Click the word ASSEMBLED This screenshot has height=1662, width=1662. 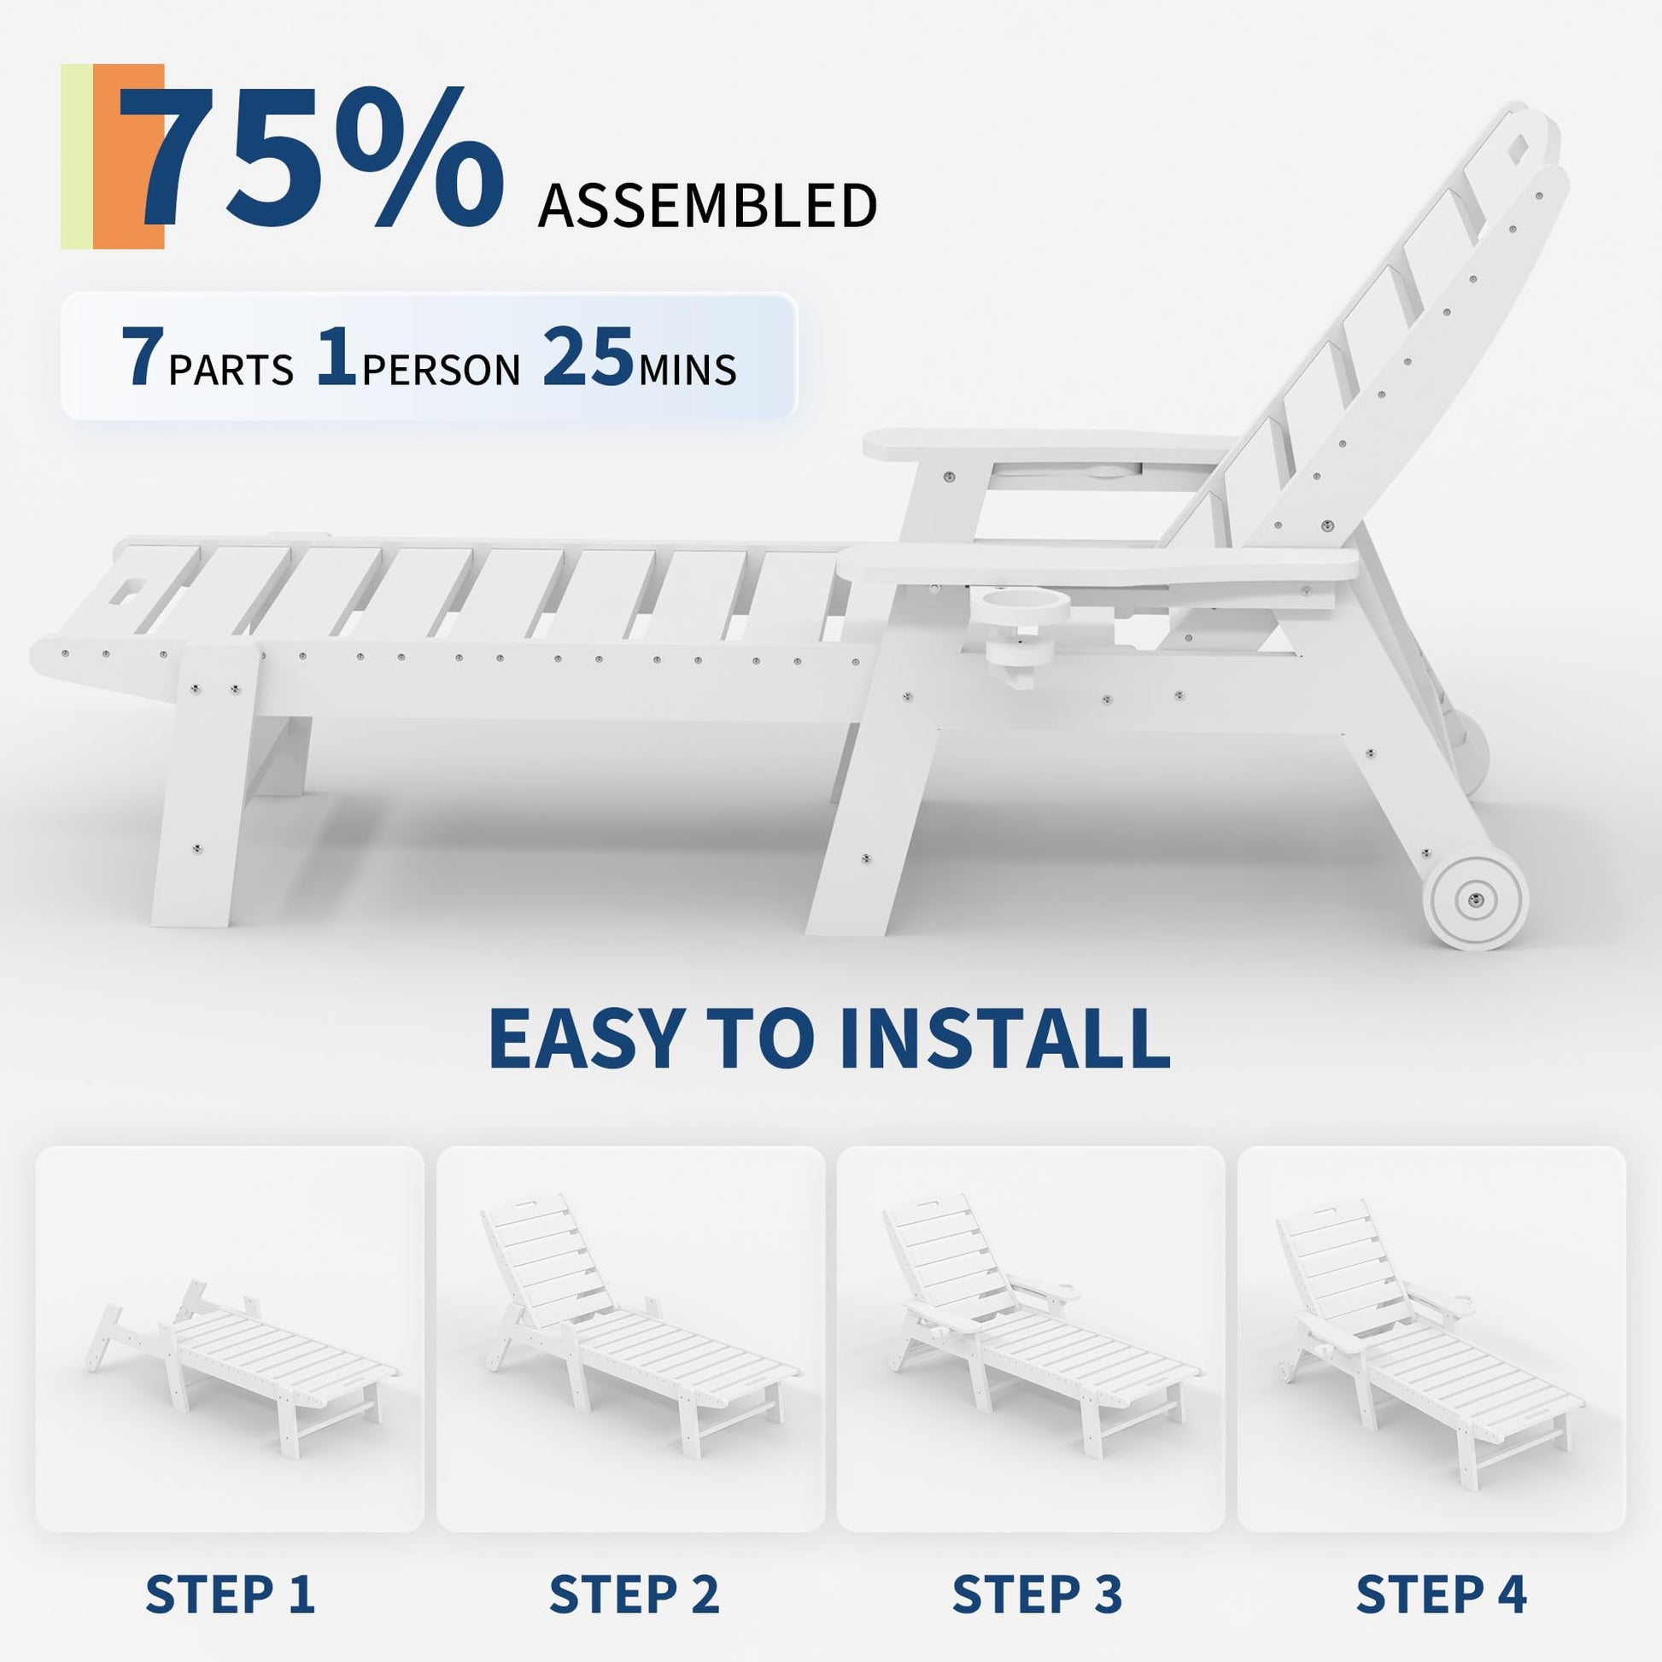(x=707, y=206)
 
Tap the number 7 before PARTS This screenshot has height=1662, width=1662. (x=142, y=357)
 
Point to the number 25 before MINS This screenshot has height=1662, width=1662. (x=588, y=357)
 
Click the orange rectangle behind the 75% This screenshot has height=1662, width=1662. (x=128, y=156)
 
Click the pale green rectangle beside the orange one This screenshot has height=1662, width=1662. (x=77, y=156)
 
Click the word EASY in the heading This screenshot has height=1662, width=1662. (x=585, y=1039)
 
